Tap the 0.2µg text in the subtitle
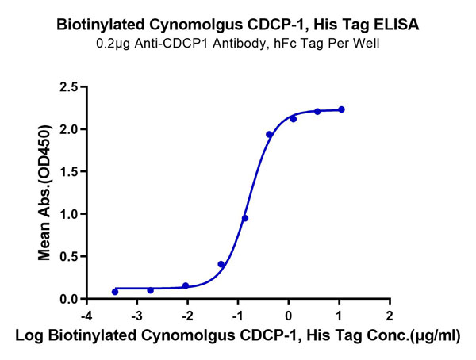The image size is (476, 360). (x=109, y=44)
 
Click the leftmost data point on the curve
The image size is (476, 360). (x=115, y=292)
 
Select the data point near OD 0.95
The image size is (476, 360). (x=245, y=218)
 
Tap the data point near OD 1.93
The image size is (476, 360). (x=269, y=135)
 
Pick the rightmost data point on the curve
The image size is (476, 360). (x=341, y=109)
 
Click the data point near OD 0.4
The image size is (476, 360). (x=221, y=264)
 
